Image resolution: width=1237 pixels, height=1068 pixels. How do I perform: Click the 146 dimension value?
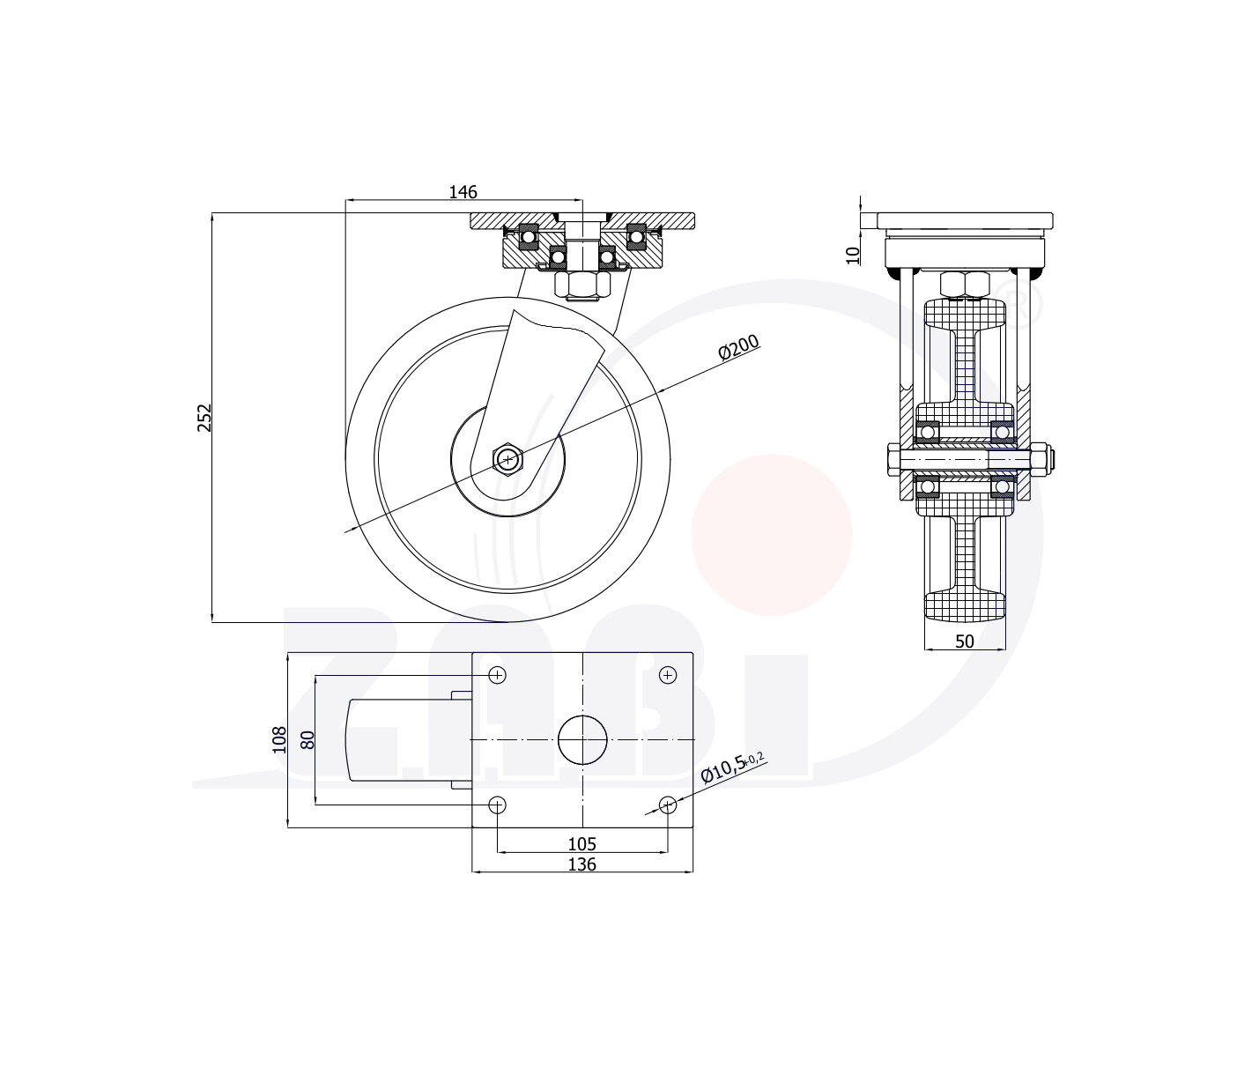(463, 191)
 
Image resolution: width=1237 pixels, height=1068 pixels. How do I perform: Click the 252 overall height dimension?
(204, 418)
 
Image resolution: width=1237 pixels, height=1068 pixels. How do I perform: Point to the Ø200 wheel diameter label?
(739, 347)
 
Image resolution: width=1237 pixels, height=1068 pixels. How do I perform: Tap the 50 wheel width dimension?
(965, 642)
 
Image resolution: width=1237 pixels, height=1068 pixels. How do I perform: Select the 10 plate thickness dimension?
(854, 256)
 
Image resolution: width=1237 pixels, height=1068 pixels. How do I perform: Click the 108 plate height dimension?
(279, 740)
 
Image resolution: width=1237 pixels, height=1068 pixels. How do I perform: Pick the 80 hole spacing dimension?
(307, 740)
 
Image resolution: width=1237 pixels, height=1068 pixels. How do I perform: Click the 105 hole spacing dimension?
(582, 844)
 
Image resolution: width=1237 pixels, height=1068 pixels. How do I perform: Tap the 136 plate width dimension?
(582, 864)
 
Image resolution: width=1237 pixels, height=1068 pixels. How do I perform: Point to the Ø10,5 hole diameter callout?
(732, 769)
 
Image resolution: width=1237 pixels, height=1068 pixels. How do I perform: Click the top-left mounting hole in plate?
(497, 675)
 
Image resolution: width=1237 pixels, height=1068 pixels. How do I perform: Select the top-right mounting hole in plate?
(668, 675)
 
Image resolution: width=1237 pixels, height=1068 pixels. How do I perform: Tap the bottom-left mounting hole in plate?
(497, 805)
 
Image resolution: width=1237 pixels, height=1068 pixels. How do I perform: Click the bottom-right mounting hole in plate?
(668, 805)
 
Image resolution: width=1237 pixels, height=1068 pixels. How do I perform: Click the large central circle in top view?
(582, 740)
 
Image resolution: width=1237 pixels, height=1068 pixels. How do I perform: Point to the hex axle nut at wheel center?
(508, 460)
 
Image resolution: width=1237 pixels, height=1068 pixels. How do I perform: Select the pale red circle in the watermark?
(772, 535)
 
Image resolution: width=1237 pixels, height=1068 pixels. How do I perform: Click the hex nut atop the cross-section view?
(965, 285)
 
